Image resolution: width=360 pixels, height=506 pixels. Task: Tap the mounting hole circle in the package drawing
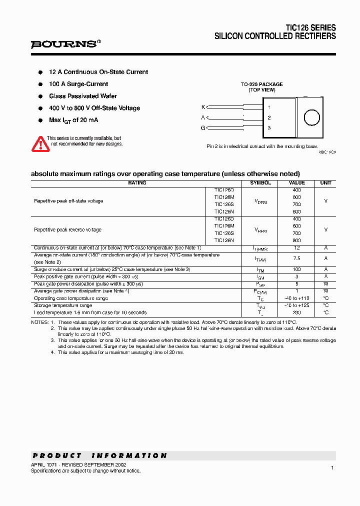(x=311, y=118)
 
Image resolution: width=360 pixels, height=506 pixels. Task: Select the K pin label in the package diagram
(x=203, y=107)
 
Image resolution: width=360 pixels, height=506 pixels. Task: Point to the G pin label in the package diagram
(x=203, y=128)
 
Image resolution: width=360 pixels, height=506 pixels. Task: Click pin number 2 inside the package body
(x=269, y=117)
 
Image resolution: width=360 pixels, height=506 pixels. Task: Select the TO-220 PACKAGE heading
(x=261, y=84)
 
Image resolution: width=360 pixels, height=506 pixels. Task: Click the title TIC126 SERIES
(x=310, y=28)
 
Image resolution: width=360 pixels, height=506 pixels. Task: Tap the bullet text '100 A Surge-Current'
(x=78, y=84)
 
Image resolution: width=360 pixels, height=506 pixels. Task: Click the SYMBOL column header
(x=260, y=183)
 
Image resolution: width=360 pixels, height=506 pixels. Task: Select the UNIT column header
(x=325, y=183)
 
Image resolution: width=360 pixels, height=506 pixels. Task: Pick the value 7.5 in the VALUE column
(x=296, y=258)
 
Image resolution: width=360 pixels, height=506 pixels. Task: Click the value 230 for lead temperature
(x=296, y=312)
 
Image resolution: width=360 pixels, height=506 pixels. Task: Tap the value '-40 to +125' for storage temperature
(x=296, y=305)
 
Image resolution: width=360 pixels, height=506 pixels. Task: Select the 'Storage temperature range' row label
(x=63, y=305)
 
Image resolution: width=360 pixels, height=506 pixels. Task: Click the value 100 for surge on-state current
(x=296, y=269)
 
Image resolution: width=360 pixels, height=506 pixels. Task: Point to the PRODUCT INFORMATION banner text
(x=100, y=455)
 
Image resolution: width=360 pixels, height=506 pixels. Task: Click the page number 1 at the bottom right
(x=332, y=467)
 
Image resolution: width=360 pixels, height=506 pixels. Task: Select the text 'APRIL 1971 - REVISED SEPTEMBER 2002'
(x=78, y=464)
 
